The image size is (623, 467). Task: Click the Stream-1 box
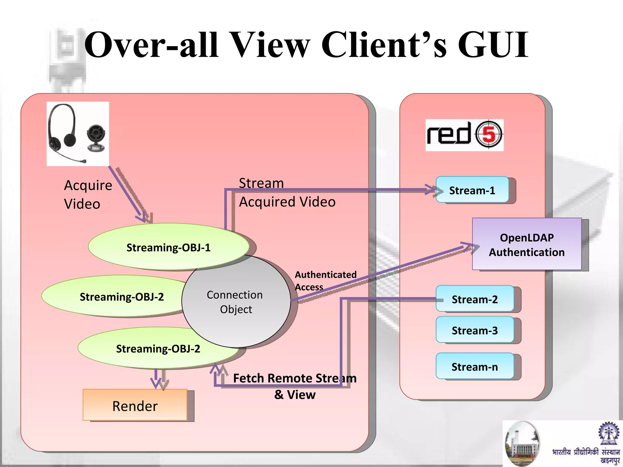[472, 190]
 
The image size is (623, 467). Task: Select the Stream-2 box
[475, 299]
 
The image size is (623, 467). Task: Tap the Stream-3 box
[475, 330]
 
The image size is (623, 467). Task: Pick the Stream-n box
[475, 366]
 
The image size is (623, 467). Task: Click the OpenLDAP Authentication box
[527, 244]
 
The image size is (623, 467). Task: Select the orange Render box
[135, 405]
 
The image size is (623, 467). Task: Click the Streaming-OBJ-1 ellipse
[168, 247]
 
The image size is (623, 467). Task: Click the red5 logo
[464, 135]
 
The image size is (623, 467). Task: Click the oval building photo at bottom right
[522, 443]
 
